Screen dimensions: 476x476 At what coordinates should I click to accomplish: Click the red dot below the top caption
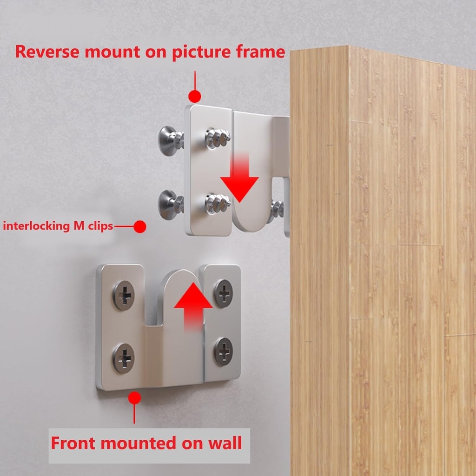click(x=195, y=96)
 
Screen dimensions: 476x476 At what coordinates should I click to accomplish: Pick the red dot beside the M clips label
click(x=139, y=226)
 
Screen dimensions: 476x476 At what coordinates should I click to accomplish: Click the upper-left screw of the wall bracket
click(x=124, y=295)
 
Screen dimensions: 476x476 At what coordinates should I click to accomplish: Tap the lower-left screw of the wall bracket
click(x=124, y=358)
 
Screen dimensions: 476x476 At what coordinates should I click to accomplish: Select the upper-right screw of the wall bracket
click(x=224, y=293)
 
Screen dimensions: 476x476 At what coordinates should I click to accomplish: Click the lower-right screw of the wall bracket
click(x=224, y=351)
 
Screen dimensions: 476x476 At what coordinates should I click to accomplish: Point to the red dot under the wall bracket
click(x=134, y=397)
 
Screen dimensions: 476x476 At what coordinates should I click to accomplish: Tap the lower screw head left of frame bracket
click(x=167, y=204)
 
